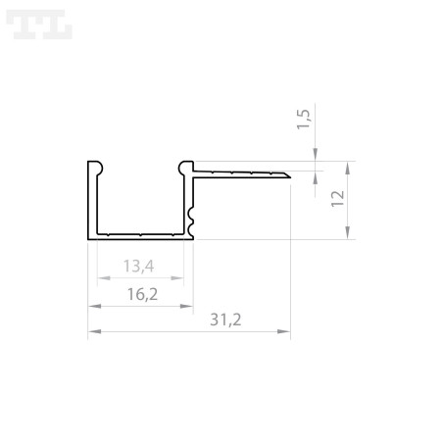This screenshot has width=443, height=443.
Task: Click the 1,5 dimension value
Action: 304,121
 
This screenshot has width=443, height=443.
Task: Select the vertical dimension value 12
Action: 338,200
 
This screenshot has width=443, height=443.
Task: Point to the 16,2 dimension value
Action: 141,294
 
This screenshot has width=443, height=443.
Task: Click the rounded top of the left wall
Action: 94,165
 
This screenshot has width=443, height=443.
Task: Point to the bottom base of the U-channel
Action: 140,235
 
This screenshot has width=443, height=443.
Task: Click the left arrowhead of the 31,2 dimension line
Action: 92,333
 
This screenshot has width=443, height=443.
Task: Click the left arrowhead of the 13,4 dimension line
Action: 99,277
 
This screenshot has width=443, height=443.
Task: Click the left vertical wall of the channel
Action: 91,201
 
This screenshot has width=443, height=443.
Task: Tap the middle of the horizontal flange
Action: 240,173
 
